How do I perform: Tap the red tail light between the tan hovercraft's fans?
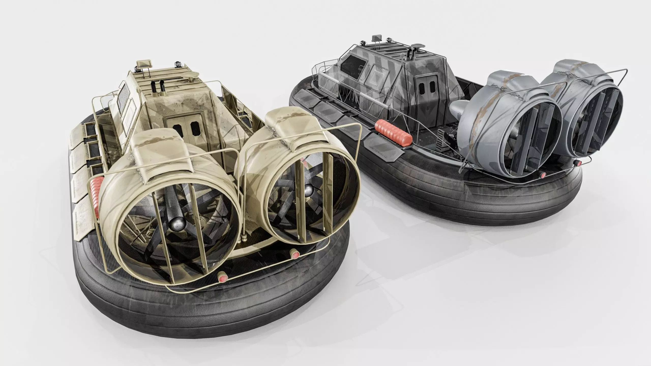[x=295, y=255]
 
